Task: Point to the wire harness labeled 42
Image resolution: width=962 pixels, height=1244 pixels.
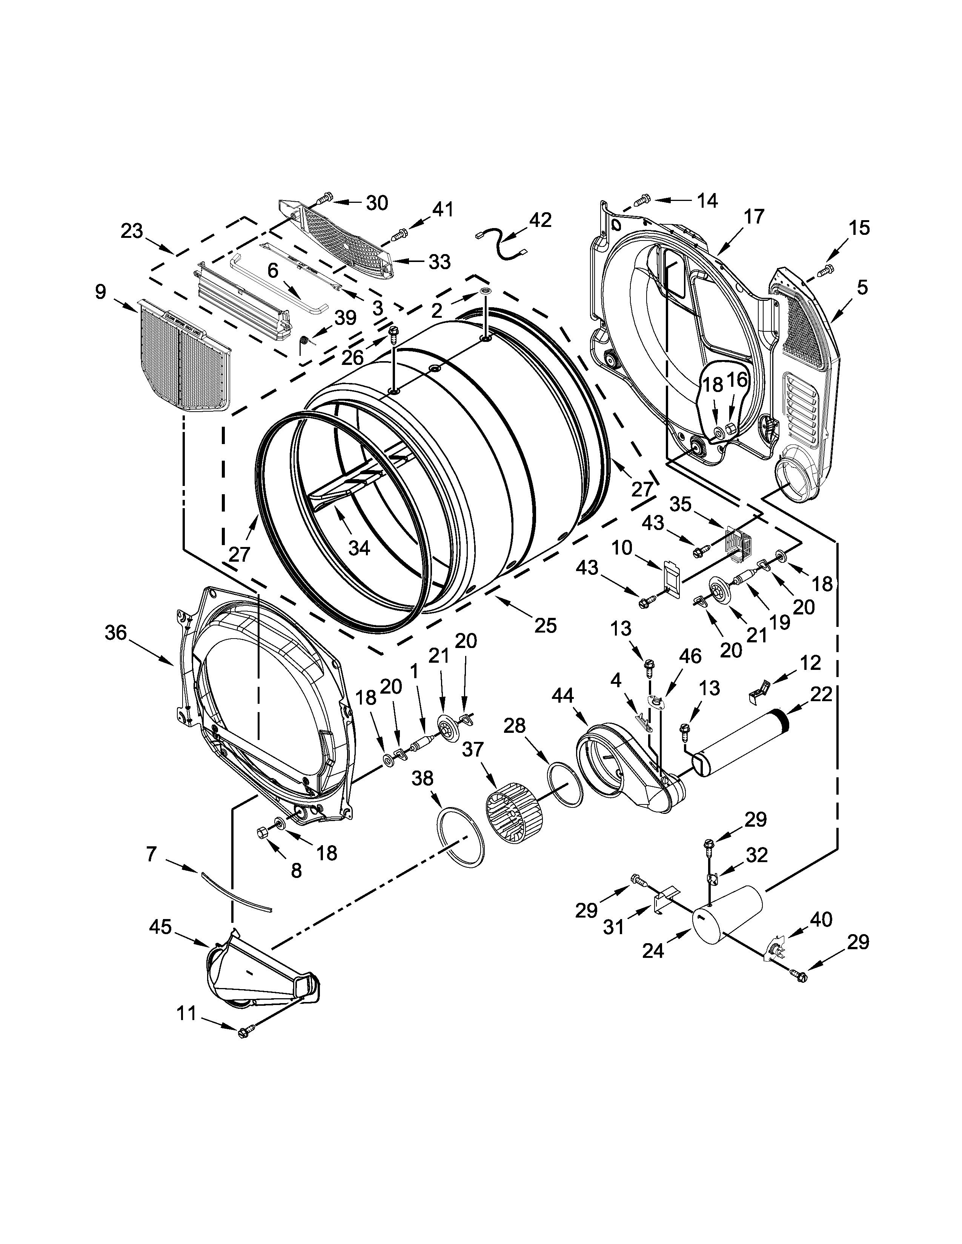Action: pyautogui.click(x=501, y=245)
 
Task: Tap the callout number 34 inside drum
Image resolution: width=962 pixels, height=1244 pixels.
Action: pyautogui.click(x=359, y=548)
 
